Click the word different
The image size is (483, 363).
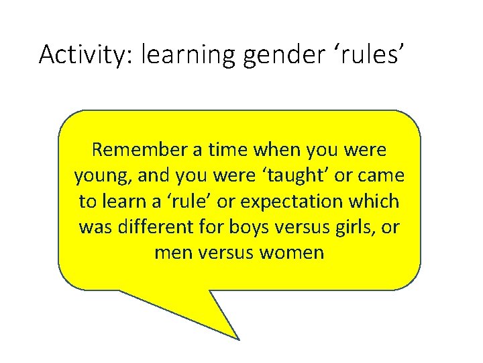point(163,227)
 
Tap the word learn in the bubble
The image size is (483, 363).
point(125,201)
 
